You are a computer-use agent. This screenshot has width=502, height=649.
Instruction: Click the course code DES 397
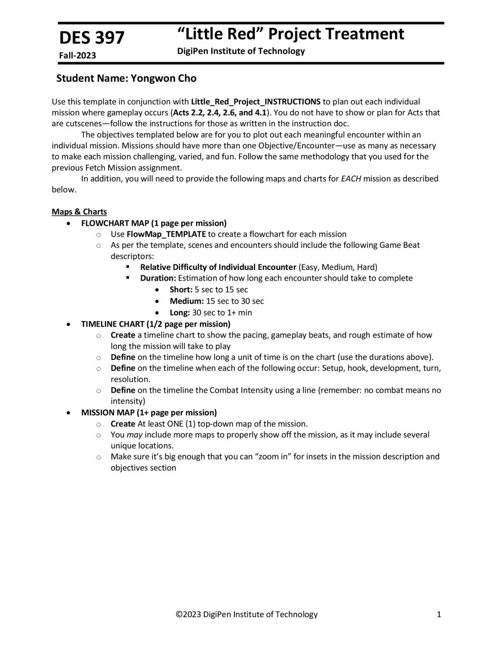tap(92, 38)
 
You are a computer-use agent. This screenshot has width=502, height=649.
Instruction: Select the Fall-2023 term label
tap(77, 55)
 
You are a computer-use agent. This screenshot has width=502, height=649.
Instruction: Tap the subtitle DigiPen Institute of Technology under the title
tap(241, 51)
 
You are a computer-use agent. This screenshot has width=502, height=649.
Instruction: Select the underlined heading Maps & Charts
tap(79, 212)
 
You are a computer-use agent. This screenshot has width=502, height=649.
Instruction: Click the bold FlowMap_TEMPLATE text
tap(166, 234)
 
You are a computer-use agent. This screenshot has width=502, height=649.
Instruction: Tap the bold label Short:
tap(181, 289)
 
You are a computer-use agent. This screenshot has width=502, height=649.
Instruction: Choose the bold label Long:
tap(179, 312)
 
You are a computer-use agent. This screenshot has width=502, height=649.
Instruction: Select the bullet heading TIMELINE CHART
tap(112, 324)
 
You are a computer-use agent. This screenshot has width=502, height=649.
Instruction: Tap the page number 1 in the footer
tap(439, 614)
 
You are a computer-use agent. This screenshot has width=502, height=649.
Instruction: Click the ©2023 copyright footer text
tap(247, 614)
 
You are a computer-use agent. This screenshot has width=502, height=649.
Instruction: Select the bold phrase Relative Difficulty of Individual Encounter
tap(218, 267)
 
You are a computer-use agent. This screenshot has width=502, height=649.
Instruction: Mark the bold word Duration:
tap(158, 278)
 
